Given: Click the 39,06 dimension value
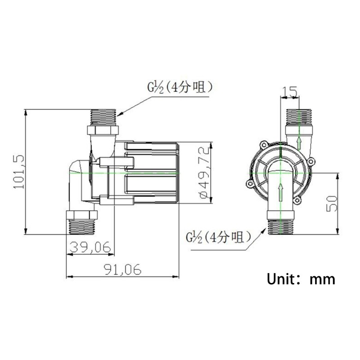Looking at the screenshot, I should [x=90, y=247].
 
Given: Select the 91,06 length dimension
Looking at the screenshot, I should [x=122, y=269].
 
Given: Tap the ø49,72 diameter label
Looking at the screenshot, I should [x=202, y=172].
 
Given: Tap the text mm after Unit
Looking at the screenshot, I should [x=322, y=279].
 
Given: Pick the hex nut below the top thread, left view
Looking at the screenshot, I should [x=103, y=130].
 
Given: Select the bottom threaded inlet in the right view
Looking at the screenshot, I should [x=282, y=226].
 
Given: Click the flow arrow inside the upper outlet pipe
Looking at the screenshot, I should [x=298, y=143].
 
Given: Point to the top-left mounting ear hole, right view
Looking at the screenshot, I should [x=263, y=144].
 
